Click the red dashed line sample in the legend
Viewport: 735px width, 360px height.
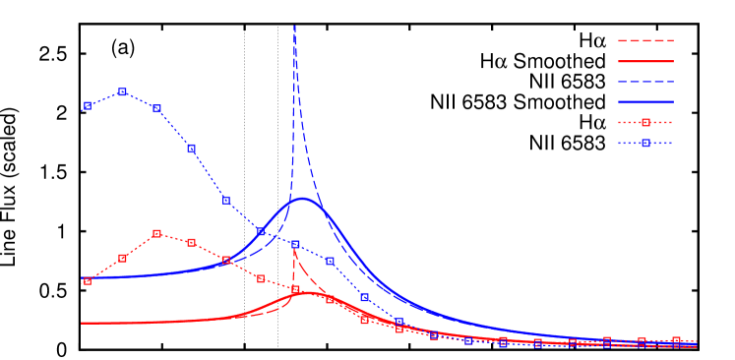(645, 41)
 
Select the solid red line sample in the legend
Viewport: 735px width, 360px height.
(645, 61)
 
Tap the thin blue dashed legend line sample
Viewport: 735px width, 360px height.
(645, 82)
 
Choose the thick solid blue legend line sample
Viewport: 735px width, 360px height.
(645, 102)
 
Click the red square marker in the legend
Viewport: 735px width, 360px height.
(645, 123)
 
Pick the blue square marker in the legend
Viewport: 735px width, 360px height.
(645, 144)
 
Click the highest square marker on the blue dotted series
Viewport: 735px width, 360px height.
(122, 91)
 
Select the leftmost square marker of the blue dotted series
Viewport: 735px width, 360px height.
(88, 105)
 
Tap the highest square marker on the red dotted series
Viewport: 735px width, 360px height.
(156, 234)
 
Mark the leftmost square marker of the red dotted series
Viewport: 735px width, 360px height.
(88, 281)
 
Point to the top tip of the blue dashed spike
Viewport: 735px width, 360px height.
(294, 27)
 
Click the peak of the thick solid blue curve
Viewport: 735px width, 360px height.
(303, 199)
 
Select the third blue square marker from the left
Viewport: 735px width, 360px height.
(156, 109)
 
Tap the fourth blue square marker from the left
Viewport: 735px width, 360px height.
(191, 149)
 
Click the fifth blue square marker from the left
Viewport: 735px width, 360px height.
(226, 200)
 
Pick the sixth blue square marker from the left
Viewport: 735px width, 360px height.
(261, 232)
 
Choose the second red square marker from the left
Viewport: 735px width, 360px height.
(122, 259)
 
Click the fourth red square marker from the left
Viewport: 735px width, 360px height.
(191, 242)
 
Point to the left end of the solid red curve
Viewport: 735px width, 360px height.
(82, 323)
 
